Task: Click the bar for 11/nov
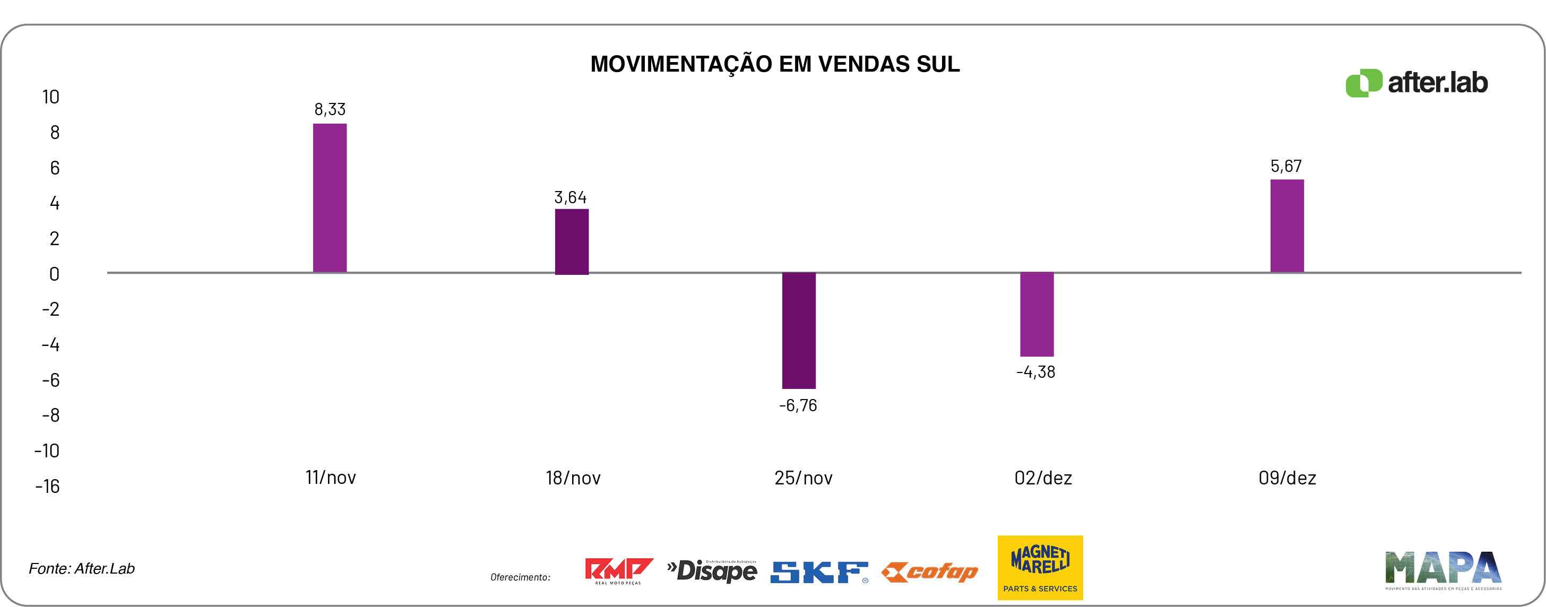pyautogui.click(x=330, y=198)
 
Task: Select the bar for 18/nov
pyautogui.click(x=572, y=241)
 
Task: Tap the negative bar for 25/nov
pyautogui.click(x=798, y=331)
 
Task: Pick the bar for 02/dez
pyautogui.click(x=1037, y=314)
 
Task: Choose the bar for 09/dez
pyautogui.click(x=1286, y=226)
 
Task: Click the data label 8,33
pyautogui.click(x=330, y=109)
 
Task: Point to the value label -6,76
pyautogui.click(x=798, y=405)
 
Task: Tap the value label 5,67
pyautogui.click(x=1285, y=166)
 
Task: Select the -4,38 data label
pyautogui.click(x=1035, y=372)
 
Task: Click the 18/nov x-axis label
pyautogui.click(x=573, y=478)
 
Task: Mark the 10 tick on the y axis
pyautogui.click(x=50, y=97)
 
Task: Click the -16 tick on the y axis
pyautogui.click(x=47, y=487)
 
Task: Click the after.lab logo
pyautogui.click(x=1416, y=83)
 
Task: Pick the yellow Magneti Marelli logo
pyautogui.click(x=1040, y=567)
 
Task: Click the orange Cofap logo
pyautogui.click(x=929, y=571)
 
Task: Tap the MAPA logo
pyautogui.click(x=1443, y=569)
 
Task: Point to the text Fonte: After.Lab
pyautogui.click(x=82, y=569)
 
